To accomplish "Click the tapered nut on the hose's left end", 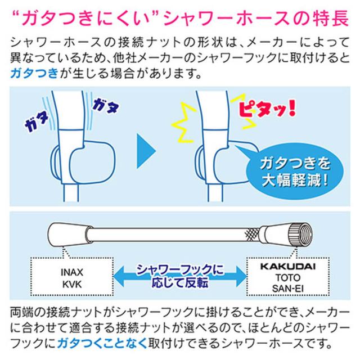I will click(68, 233).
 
